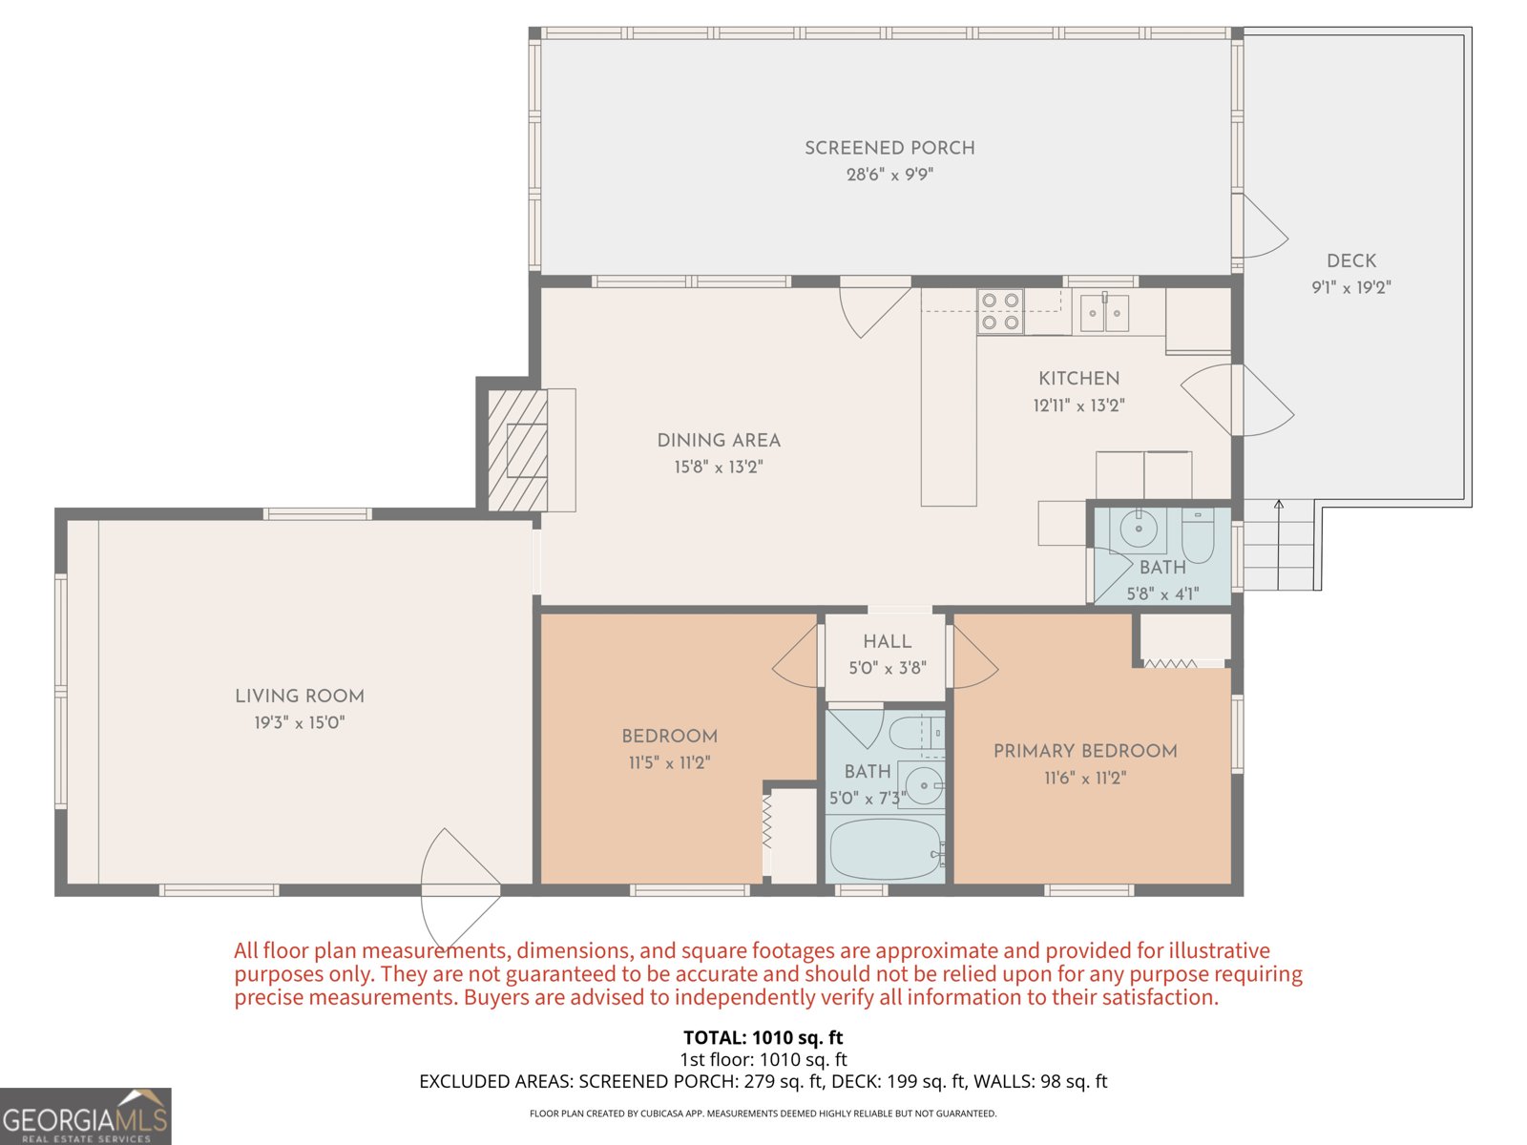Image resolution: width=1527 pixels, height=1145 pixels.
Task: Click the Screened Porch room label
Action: [889, 148]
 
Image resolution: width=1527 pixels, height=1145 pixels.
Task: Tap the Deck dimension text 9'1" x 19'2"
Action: [1350, 287]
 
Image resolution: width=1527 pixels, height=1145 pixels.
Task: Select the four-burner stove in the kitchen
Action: [1000, 311]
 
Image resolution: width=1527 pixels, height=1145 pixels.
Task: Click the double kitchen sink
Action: [1104, 312]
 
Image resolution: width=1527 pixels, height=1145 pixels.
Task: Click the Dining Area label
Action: [719, 440]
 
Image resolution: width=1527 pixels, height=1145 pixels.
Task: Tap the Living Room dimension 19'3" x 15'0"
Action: [299, 722]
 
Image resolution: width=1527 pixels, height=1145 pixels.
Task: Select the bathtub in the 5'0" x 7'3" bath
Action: [885, 850]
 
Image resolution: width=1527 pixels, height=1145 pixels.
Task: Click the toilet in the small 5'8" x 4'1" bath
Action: [1197, 538]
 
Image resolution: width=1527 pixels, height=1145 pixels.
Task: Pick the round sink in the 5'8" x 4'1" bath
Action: [1139, 528]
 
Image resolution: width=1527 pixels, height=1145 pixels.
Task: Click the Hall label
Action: [887, 641]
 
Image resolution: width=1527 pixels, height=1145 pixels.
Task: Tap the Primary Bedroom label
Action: [1085, 751]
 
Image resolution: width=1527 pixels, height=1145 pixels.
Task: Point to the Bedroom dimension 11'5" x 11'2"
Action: [669, 762]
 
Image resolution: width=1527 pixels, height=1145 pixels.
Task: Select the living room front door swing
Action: [458, 887]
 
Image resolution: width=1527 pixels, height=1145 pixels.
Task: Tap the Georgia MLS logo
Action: [85, 1117]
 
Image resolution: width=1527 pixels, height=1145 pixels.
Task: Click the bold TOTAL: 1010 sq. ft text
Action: [763, 1037]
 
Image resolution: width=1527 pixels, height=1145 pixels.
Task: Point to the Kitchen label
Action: [1078, 378]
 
